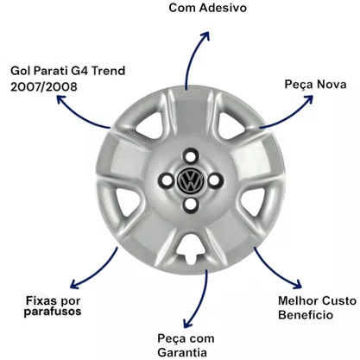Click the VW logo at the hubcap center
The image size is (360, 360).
tap(190, 180)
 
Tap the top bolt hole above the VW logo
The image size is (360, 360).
tap(190, 157)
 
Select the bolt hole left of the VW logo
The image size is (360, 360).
tap(167, 180)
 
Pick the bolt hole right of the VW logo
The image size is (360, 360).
tap(214, 180)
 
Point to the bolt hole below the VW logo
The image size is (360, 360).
tap(190, 204)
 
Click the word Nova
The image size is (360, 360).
tap(332, 85)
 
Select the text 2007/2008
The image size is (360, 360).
tap(44, 86)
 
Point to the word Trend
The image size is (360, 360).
tap(108, 71)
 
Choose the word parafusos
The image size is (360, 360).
tap(53, 312)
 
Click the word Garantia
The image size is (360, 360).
tap(182, 352)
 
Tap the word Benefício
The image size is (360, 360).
tap(306, 314)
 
